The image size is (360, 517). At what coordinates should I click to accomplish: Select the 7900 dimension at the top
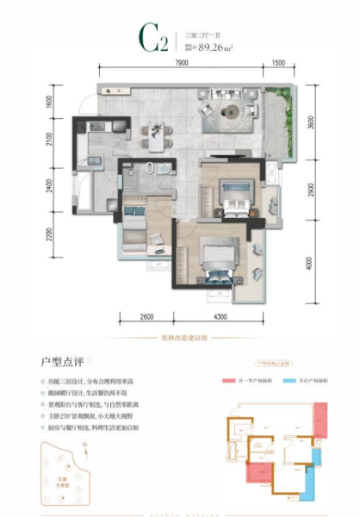(179, 64)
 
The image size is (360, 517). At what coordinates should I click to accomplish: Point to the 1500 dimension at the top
(278, 64)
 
